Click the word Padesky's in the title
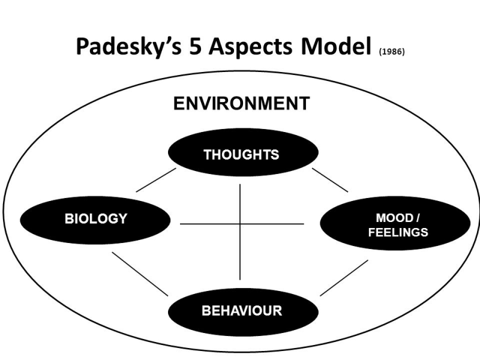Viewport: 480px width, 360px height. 128,47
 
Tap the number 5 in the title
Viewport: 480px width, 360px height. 195,46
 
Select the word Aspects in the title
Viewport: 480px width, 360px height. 250,47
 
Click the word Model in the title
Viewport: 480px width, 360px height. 336,46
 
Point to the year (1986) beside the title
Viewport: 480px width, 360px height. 392,52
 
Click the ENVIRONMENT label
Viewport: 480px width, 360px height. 242,103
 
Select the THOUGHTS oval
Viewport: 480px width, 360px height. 244,152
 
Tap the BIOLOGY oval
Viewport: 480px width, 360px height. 95,220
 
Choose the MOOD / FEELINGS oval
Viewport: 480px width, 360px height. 395,223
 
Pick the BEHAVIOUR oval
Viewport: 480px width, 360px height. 244,312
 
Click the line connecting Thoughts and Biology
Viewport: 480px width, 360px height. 156,180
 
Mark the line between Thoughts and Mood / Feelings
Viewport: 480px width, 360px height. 330,180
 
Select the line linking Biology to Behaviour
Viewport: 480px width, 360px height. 140,274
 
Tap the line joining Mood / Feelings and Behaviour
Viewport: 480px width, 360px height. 344,278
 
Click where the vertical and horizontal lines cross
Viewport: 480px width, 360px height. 240,224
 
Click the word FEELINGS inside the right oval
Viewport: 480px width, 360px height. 398,232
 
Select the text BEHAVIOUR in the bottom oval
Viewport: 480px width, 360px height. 242,311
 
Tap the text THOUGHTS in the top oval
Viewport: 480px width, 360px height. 242,155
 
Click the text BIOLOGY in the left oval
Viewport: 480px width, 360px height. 96,218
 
